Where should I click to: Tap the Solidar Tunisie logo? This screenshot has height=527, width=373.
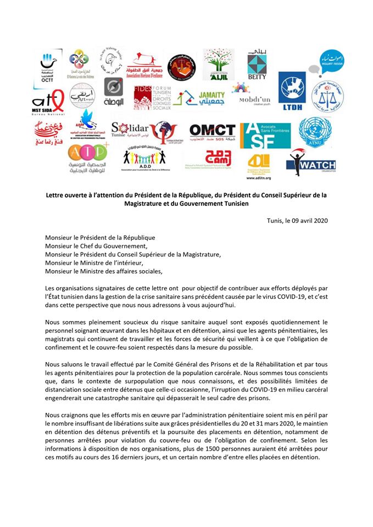(x=132, y=131)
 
